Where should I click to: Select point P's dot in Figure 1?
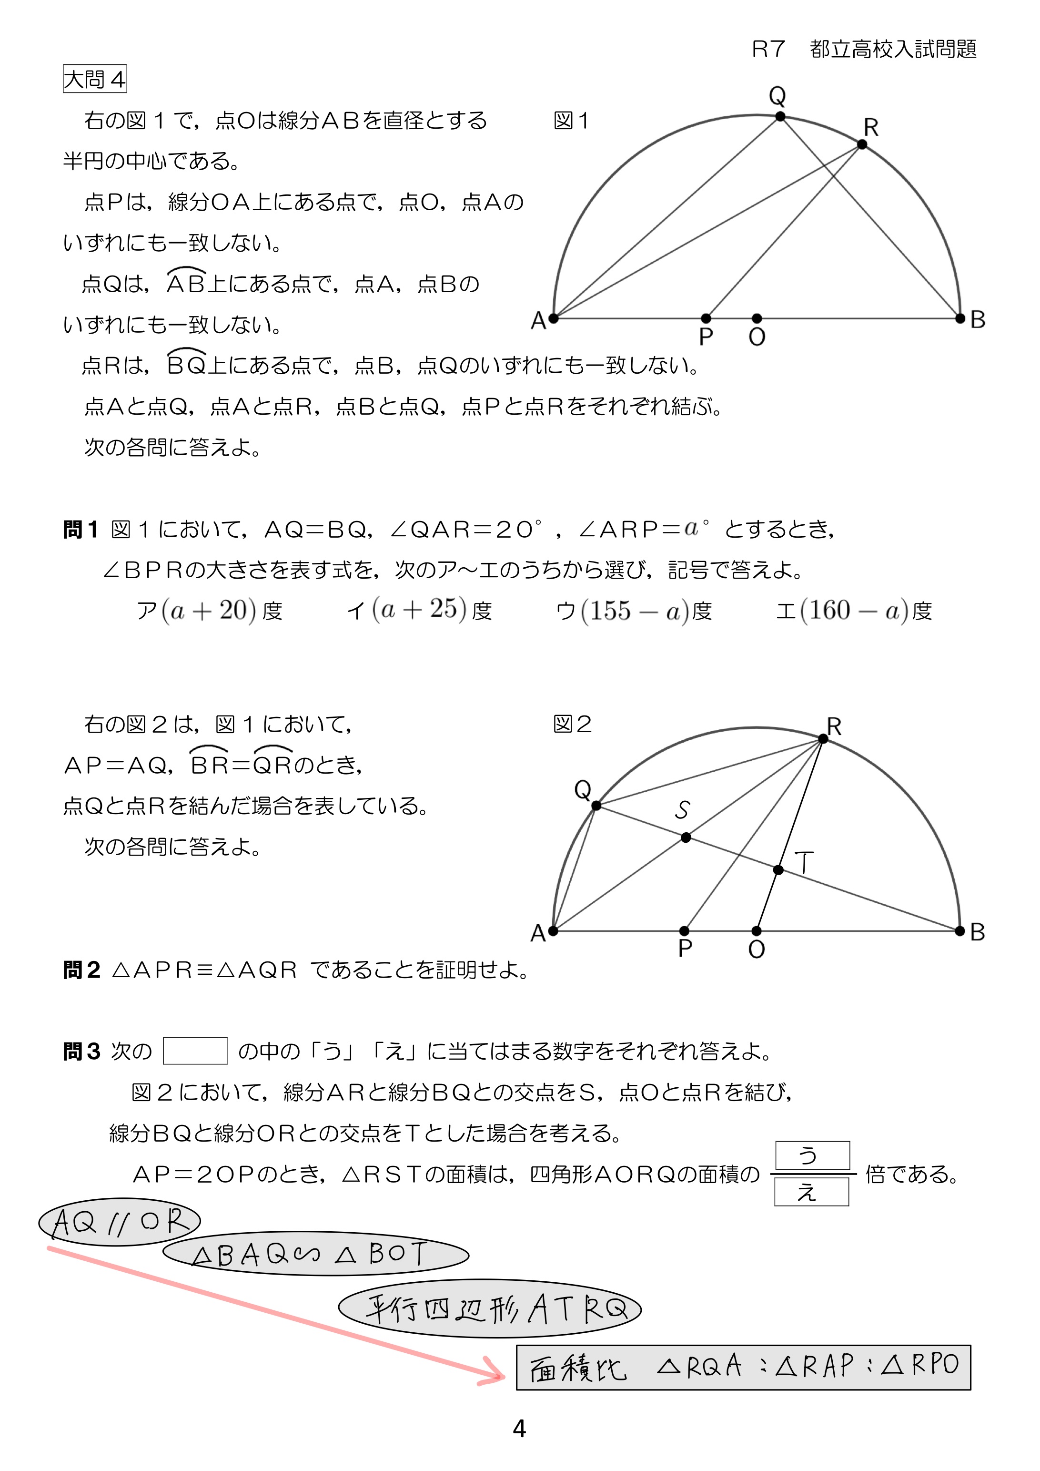click(706, 318)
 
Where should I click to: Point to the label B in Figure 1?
click(977, 320)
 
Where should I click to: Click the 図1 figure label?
click(571, 121)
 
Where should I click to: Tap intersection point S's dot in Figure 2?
click(686, 838)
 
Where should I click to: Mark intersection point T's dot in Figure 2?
click(778, 869)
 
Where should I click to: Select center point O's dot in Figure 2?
click(757, 931)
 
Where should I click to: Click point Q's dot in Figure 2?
click(596, 806)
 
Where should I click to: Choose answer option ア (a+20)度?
click(210, 611)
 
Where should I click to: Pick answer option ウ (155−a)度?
click(634, 611)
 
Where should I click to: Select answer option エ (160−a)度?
click(854, 611)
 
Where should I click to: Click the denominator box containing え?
click(811, 1192)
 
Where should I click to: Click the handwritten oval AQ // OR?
click(120, 1222)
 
